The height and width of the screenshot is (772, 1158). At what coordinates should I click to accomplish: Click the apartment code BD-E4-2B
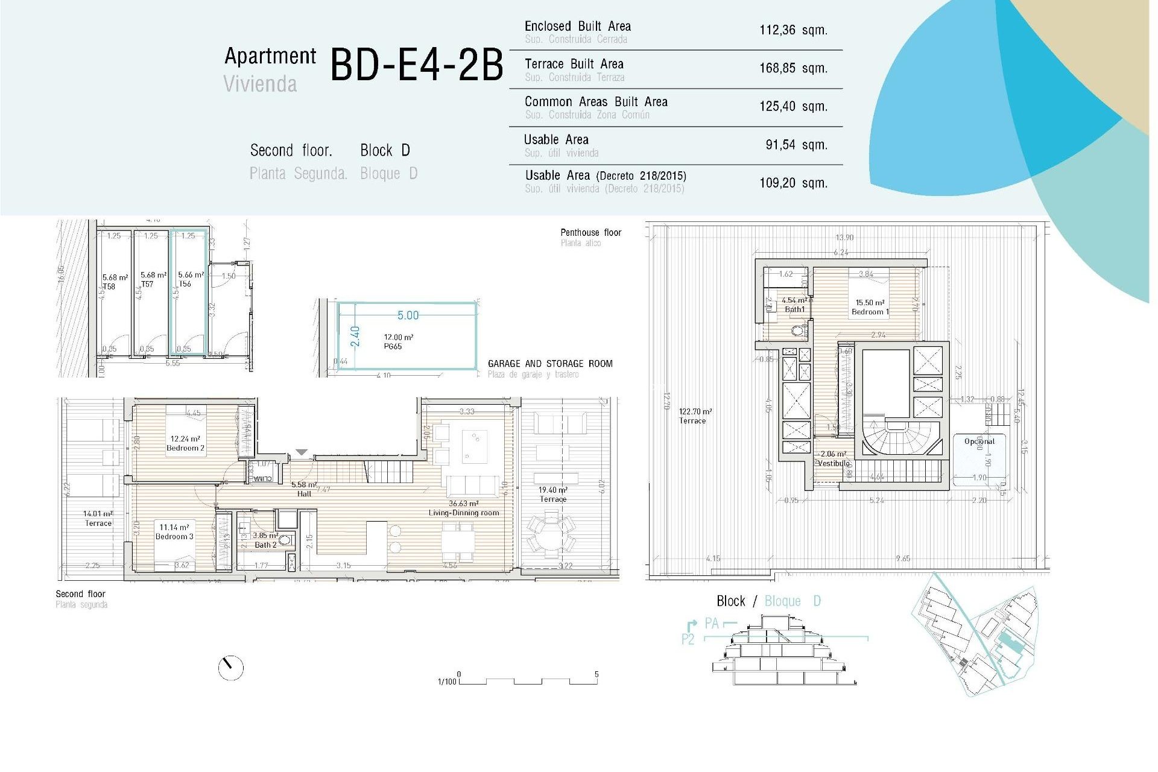[416, 65]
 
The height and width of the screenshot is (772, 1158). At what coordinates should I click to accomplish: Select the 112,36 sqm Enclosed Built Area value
[793, 30]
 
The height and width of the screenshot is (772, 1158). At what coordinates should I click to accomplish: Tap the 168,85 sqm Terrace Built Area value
[793, 68]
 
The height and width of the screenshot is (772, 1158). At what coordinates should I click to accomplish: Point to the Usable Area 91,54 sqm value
[796, 145]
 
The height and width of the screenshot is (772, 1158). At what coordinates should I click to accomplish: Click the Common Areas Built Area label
[595, 102]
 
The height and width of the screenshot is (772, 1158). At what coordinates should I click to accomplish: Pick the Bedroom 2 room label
[185, 444]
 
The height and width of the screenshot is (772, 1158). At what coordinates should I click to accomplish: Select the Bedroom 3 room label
[174, 532]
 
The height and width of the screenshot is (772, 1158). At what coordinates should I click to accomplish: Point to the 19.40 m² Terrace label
[553, 495]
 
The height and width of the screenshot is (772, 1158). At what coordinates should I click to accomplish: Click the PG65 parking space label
[393, 346]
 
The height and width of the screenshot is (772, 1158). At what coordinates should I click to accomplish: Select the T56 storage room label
[185, 283]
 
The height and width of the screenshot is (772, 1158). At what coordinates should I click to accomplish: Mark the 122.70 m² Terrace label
[694, 416]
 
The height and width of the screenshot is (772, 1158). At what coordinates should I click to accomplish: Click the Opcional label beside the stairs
[979, 441]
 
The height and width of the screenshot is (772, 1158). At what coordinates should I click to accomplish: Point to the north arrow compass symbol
[230, 668]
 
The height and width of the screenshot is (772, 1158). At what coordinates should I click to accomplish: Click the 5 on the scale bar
[596, 674]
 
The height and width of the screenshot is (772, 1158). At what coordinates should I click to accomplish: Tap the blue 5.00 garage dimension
[408, 315]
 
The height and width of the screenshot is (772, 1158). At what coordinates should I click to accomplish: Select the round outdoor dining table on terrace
[551, 531]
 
